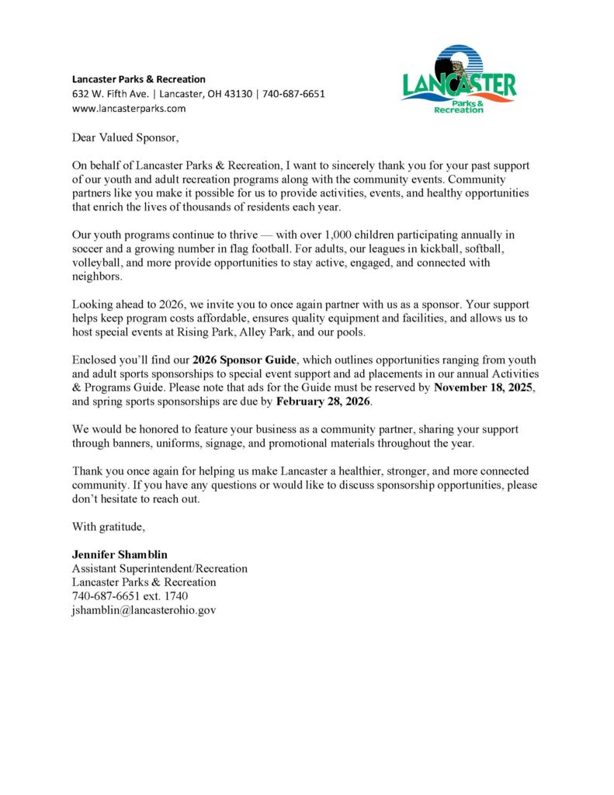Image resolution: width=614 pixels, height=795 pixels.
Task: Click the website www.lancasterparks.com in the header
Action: [129, 109]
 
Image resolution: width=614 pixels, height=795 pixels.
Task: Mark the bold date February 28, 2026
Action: [324, 401]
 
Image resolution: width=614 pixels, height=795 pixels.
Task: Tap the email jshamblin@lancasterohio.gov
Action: [144, 609]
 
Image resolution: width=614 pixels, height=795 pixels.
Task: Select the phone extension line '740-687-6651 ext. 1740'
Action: [130, 595]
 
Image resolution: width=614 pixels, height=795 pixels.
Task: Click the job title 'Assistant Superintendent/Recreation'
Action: [160, 568]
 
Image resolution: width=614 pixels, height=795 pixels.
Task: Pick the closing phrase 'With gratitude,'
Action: [109, 526]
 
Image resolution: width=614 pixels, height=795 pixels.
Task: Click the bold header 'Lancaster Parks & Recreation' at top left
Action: [139, 79]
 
